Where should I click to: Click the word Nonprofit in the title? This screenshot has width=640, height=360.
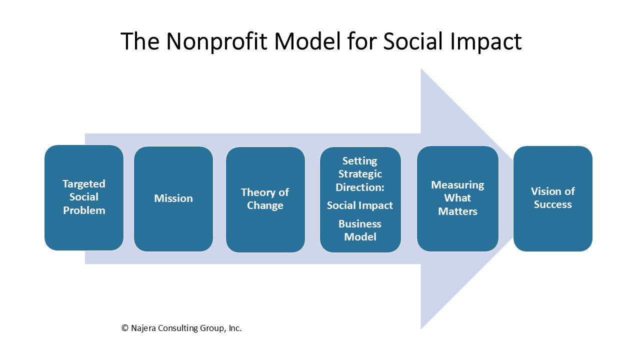tap(216, 41)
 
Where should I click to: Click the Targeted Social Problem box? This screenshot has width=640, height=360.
tap(84, 197)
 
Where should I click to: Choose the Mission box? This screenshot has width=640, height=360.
tap(173, 199)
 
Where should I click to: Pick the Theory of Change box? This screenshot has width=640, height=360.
tap(265, 199)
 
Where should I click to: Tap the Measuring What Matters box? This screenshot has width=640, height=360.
tap(457, 198)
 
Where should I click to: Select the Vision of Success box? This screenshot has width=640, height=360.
tap(553, 198)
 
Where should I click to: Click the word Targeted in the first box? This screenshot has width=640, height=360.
tap(84, 184)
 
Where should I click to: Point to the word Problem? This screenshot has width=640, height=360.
tap(84, 210)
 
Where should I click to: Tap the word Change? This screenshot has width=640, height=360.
tap(265, 205)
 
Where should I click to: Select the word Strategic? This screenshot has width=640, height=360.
tap(360, 174)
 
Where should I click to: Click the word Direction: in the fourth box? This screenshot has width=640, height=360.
tap(360, 187)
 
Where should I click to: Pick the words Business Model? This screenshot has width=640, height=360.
tap(360, 230)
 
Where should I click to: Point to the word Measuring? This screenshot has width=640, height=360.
tap(457, 185)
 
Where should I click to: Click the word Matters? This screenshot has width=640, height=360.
tap(457, 211)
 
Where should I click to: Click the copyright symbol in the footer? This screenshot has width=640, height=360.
tap(125, 328)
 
